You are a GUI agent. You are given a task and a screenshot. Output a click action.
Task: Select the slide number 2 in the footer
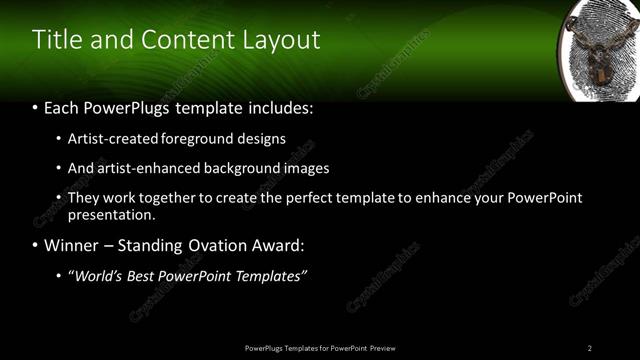pos(589,348)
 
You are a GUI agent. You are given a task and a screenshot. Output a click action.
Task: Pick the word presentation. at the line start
pos(111,214)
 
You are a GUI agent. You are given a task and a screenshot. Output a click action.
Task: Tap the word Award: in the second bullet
pos(279,245)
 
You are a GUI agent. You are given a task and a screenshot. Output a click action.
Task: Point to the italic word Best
pos(141,276)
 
